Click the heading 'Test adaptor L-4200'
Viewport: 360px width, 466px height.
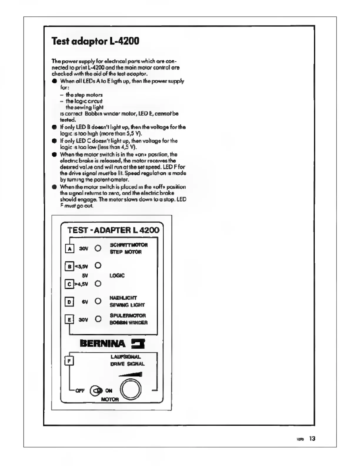[95, 41]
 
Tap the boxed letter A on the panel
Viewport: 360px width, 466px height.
[69, 249]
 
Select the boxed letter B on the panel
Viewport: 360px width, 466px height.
[69, 267]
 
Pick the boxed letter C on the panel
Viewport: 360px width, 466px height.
[69, 284]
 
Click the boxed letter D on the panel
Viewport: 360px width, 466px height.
[69, 302]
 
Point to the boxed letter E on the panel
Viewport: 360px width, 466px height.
[69, 319]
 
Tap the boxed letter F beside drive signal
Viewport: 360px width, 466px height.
[69, 361]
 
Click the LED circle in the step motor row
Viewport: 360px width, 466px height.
[98, 248]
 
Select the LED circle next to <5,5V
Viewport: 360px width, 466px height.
[98, 266]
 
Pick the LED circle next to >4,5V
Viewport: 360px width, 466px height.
[98, 284]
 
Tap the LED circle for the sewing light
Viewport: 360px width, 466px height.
[98, 301]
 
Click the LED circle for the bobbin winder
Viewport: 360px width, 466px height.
[98, 319]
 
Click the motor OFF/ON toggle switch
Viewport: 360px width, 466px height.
[96, 391]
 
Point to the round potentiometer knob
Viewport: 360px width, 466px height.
[131, 390]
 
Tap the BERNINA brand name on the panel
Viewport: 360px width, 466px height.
[102, 344]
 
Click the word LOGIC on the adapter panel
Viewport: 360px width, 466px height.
[117, 276]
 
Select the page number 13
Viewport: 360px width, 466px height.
[312, 439]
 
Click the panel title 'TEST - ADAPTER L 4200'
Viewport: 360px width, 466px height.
[113, 230]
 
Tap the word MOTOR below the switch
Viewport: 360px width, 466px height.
[110, 400]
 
